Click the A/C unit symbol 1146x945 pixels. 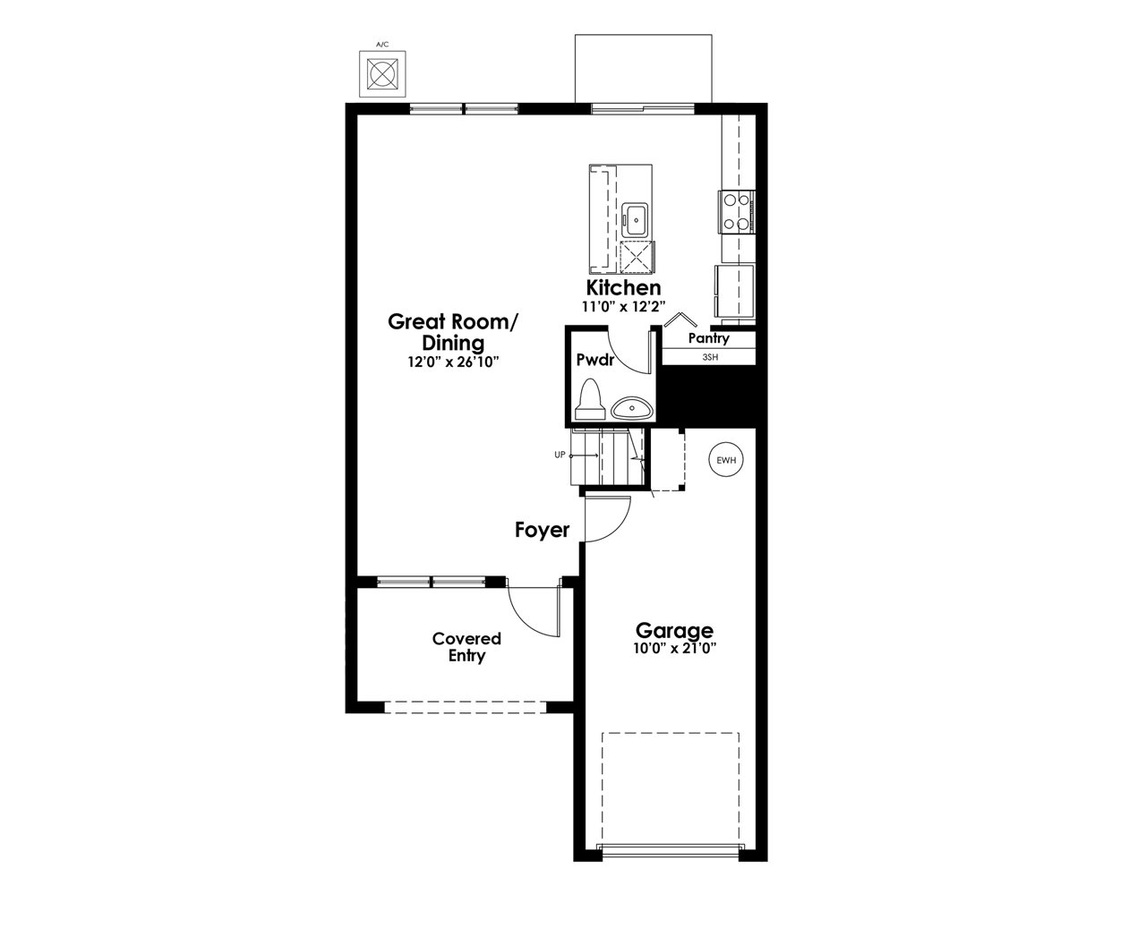point(382,74)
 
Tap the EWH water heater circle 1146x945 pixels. point(726,460)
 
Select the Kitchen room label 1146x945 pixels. point(623,287)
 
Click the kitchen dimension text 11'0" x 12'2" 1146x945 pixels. point(623,307)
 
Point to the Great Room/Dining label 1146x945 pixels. point(453,332)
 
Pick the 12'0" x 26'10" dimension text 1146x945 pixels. point(453,362)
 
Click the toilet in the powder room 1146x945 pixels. point(589,399)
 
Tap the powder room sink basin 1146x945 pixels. point(632,408)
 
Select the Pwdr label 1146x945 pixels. point(595,360)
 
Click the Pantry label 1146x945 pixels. point(708,338)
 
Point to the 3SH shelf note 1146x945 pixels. point(710,357)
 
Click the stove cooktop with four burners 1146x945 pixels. point(737,212)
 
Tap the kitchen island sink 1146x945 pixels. point(635,220)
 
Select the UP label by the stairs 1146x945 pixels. point(560,455)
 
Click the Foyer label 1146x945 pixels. point(542,530)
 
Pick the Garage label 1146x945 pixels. point(674,631)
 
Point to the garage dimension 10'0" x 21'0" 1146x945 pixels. point(674,648)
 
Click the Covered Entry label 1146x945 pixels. point(466,647)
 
